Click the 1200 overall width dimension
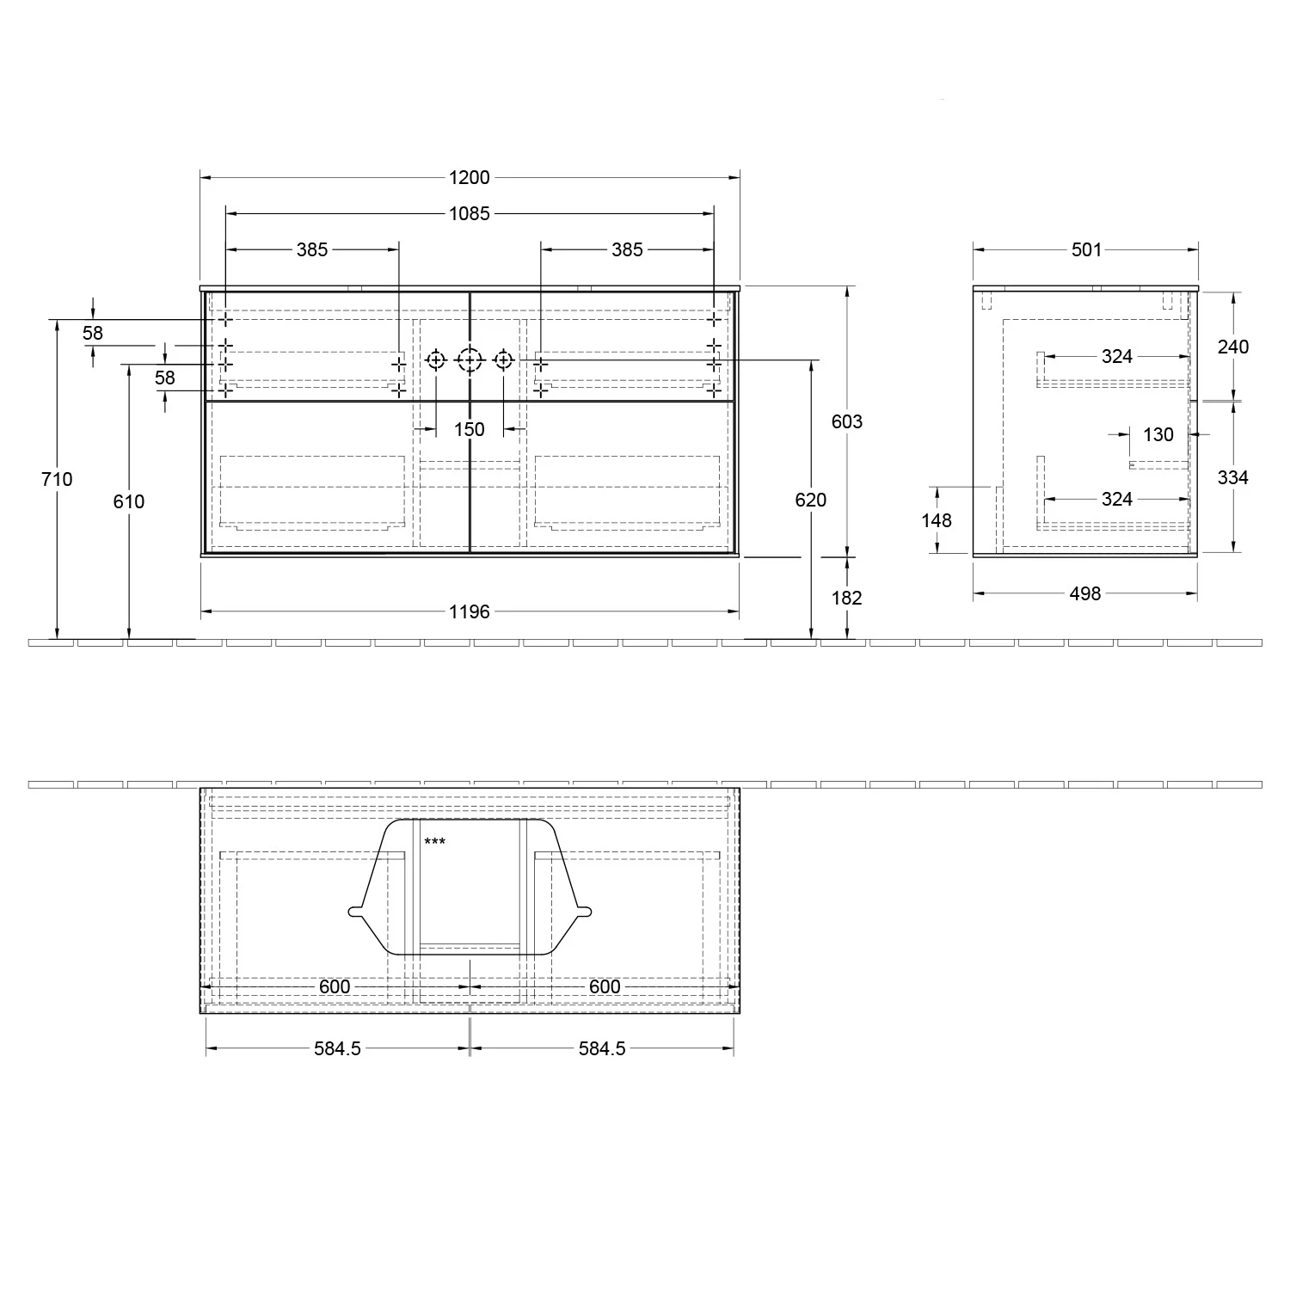470,178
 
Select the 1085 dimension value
470,213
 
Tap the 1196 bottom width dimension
470,611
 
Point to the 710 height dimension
57,479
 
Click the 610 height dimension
129,501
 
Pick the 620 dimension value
811,500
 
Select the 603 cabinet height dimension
847,421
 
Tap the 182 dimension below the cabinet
847,598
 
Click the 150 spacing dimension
470,429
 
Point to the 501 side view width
1086,249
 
